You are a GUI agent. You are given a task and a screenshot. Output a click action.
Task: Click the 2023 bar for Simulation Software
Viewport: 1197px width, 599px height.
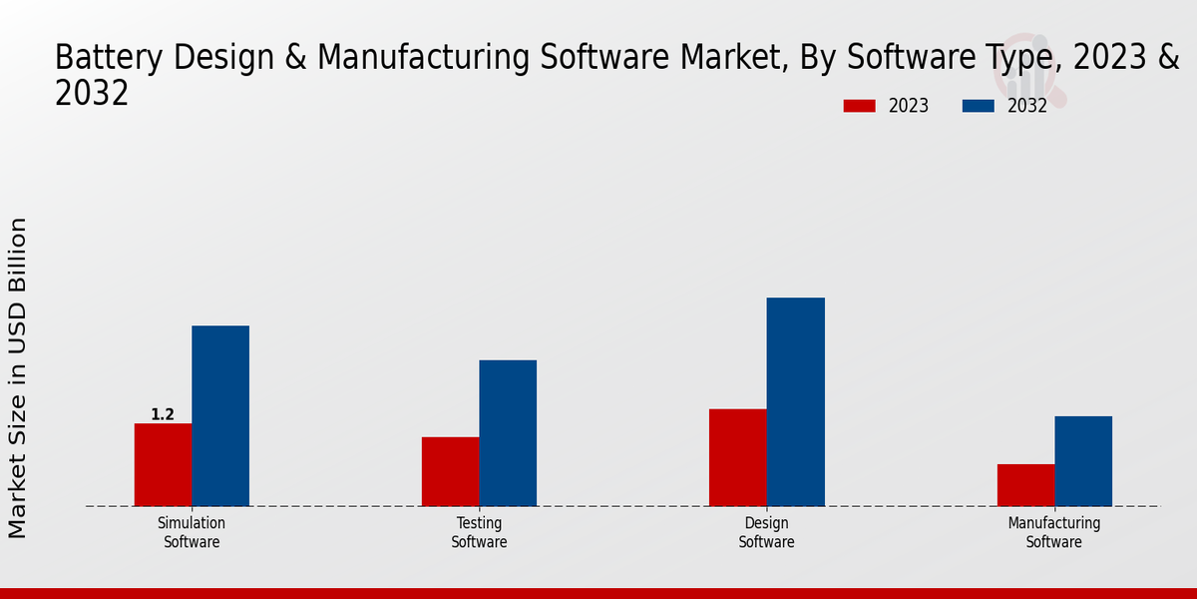163,464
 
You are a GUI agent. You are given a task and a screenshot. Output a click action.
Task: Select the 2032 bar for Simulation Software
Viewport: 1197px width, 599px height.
220,415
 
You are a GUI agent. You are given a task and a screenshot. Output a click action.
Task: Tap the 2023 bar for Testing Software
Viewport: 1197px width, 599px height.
450,471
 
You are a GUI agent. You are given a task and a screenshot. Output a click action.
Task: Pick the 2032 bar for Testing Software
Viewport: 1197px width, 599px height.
508,432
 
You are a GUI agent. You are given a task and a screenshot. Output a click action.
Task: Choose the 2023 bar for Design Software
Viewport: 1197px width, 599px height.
738,457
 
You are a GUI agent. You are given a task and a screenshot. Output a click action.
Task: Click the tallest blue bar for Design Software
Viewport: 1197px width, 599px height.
796,401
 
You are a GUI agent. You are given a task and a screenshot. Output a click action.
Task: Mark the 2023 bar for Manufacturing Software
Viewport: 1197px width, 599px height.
1025,485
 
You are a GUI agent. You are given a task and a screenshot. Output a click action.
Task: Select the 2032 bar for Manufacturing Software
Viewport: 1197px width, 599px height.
1083,460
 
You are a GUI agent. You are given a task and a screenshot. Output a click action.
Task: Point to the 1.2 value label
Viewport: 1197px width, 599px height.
163,414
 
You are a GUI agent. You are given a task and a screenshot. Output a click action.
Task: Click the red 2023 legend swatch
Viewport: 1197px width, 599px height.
859,106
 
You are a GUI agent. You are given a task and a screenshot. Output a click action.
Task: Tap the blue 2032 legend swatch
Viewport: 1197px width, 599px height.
979,106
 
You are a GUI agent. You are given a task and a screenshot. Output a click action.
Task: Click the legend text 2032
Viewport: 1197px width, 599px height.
1027,106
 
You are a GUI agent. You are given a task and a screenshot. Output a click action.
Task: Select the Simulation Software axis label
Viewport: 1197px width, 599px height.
192,532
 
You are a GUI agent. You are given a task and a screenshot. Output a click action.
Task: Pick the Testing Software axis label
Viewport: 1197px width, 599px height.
479,532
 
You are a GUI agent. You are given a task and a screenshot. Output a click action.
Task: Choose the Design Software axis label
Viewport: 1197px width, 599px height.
766,532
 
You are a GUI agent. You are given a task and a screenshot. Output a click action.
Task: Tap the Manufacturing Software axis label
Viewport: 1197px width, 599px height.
1054,532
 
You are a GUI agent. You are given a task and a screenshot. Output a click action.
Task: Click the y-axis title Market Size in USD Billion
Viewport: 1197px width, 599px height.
18,378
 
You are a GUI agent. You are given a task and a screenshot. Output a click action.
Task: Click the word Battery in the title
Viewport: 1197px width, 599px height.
111,58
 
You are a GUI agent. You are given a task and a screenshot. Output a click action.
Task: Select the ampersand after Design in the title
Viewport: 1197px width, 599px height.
294,58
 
